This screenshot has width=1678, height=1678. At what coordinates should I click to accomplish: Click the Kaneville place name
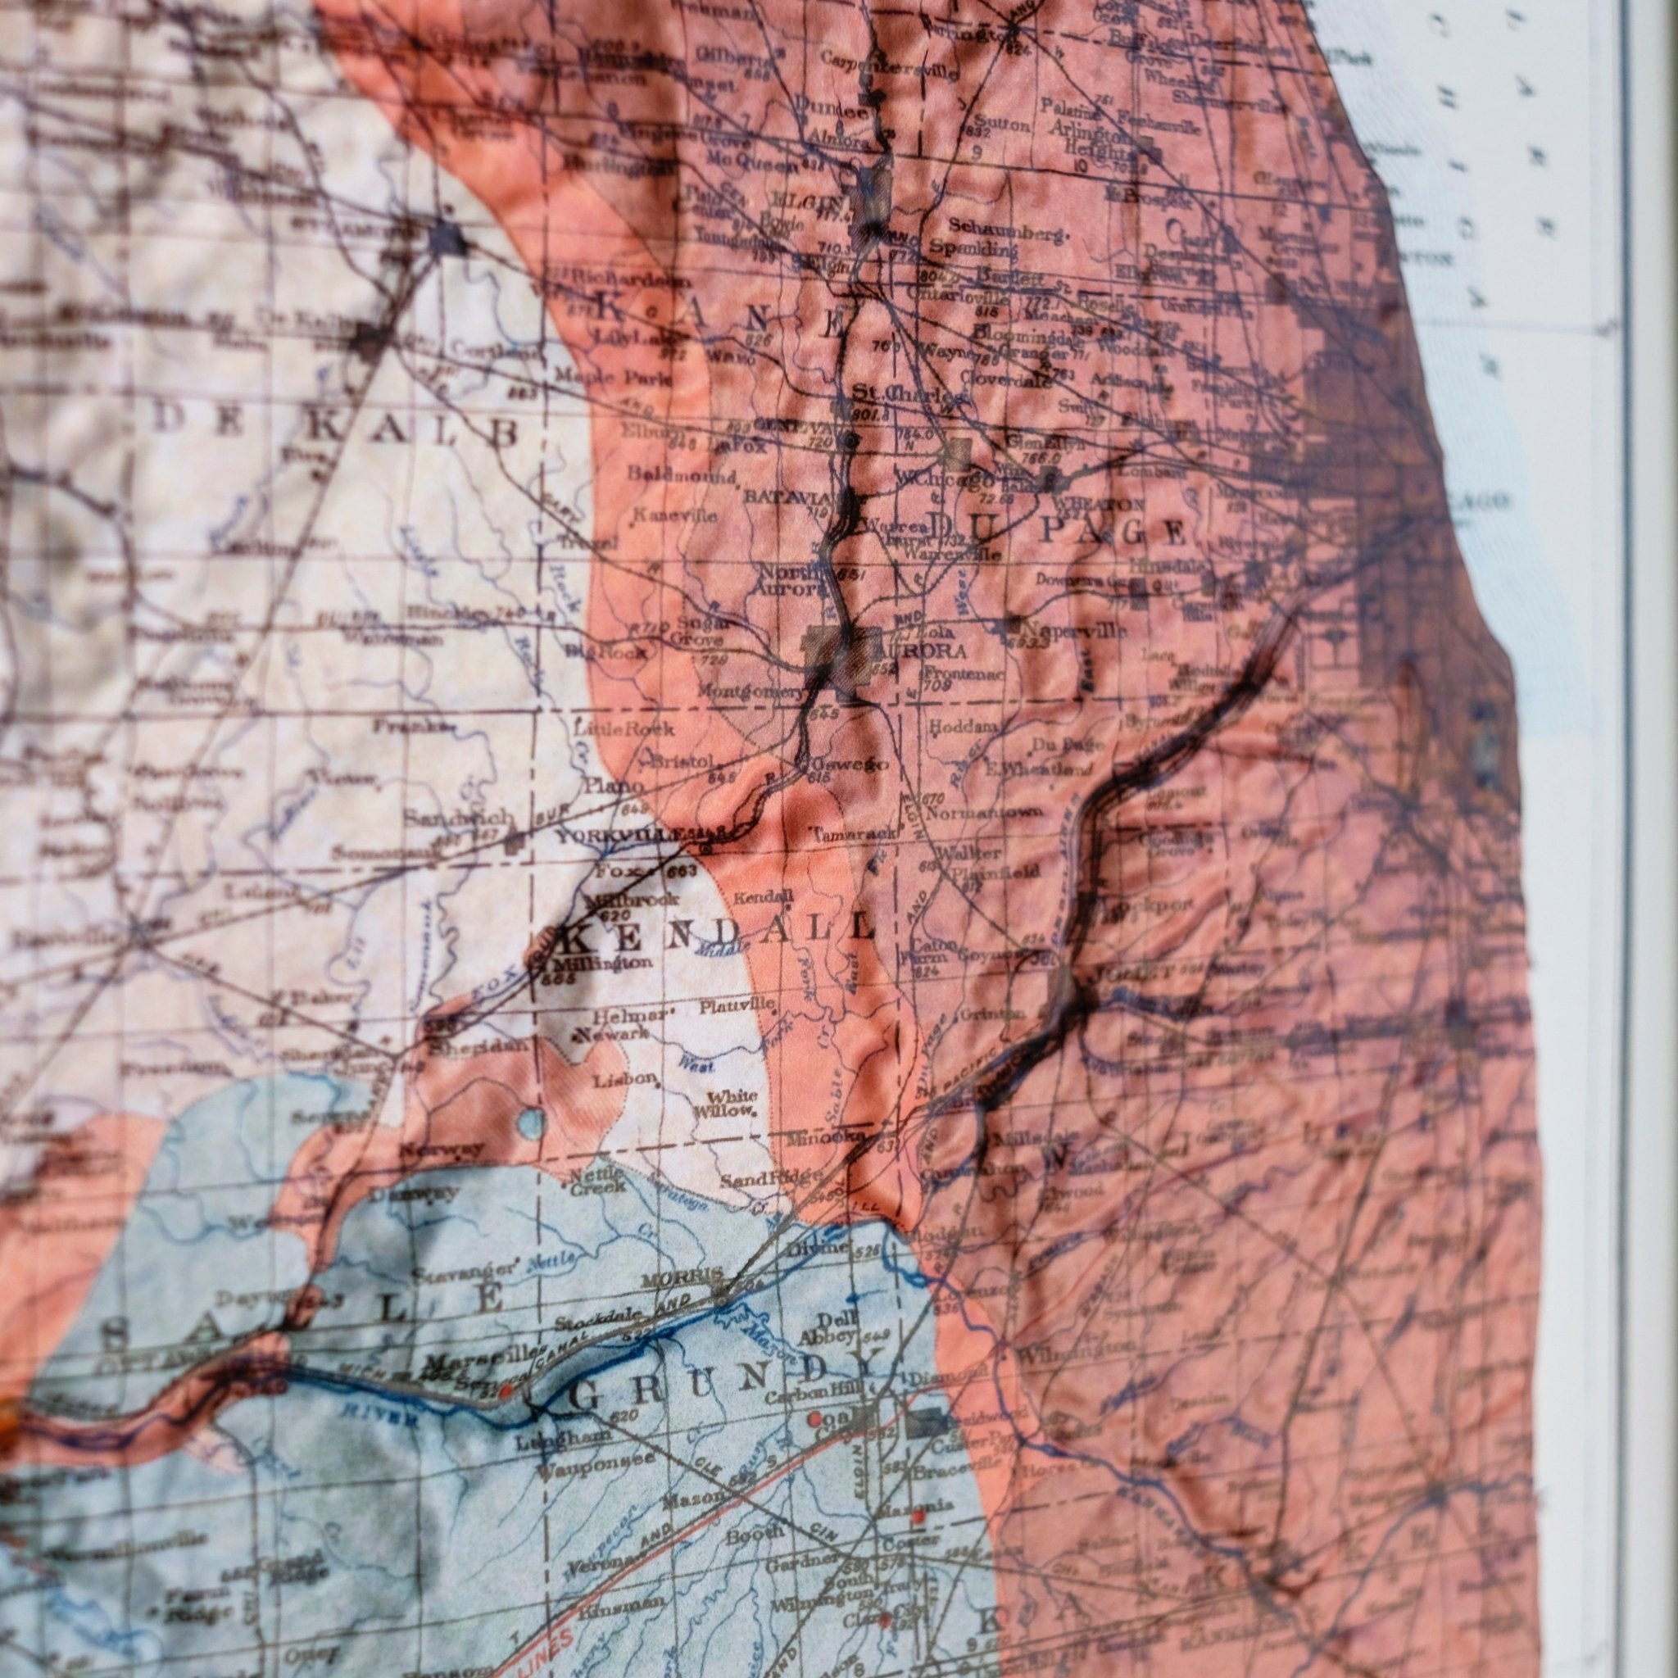pos(676,515)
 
